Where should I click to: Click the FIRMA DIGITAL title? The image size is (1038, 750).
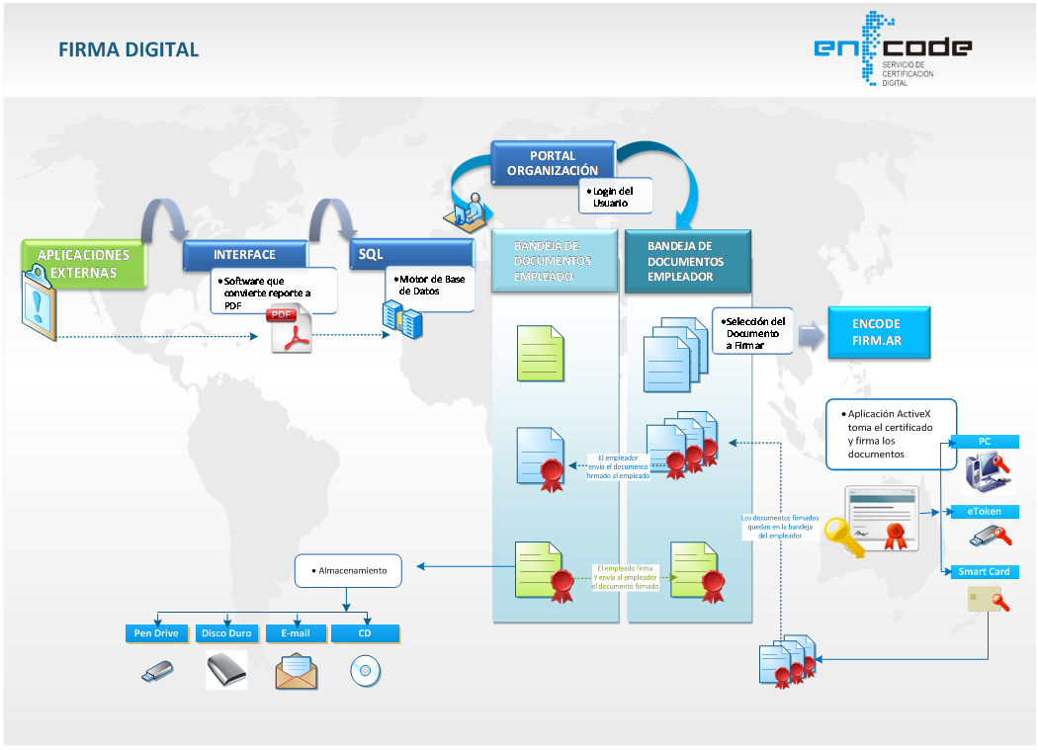[x=129, y=49]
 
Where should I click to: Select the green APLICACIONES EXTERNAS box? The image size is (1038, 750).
[x=83, y=264]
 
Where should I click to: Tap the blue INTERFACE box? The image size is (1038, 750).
[x=244, y=255]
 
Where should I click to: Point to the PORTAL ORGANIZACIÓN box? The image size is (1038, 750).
[x=552, y=163]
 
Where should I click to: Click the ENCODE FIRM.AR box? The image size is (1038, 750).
[x=876, y=333]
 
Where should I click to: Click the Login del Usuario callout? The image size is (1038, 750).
[x=616, y=197]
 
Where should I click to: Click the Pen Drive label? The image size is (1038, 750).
[x=156, y=632]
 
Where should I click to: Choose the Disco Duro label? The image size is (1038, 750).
[x=226, y=632]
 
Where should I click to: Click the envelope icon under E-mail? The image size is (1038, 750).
[x=297, y=672]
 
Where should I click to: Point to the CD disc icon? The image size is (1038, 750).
[x=365, y=672]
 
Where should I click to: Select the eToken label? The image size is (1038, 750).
[x=984, y=512]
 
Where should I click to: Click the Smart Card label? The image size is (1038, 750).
[x=984, y=572]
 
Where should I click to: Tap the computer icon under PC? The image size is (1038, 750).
[x=985, y=471]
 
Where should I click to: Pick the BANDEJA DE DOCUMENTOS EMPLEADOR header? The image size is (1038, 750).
[x=686, y=262]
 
